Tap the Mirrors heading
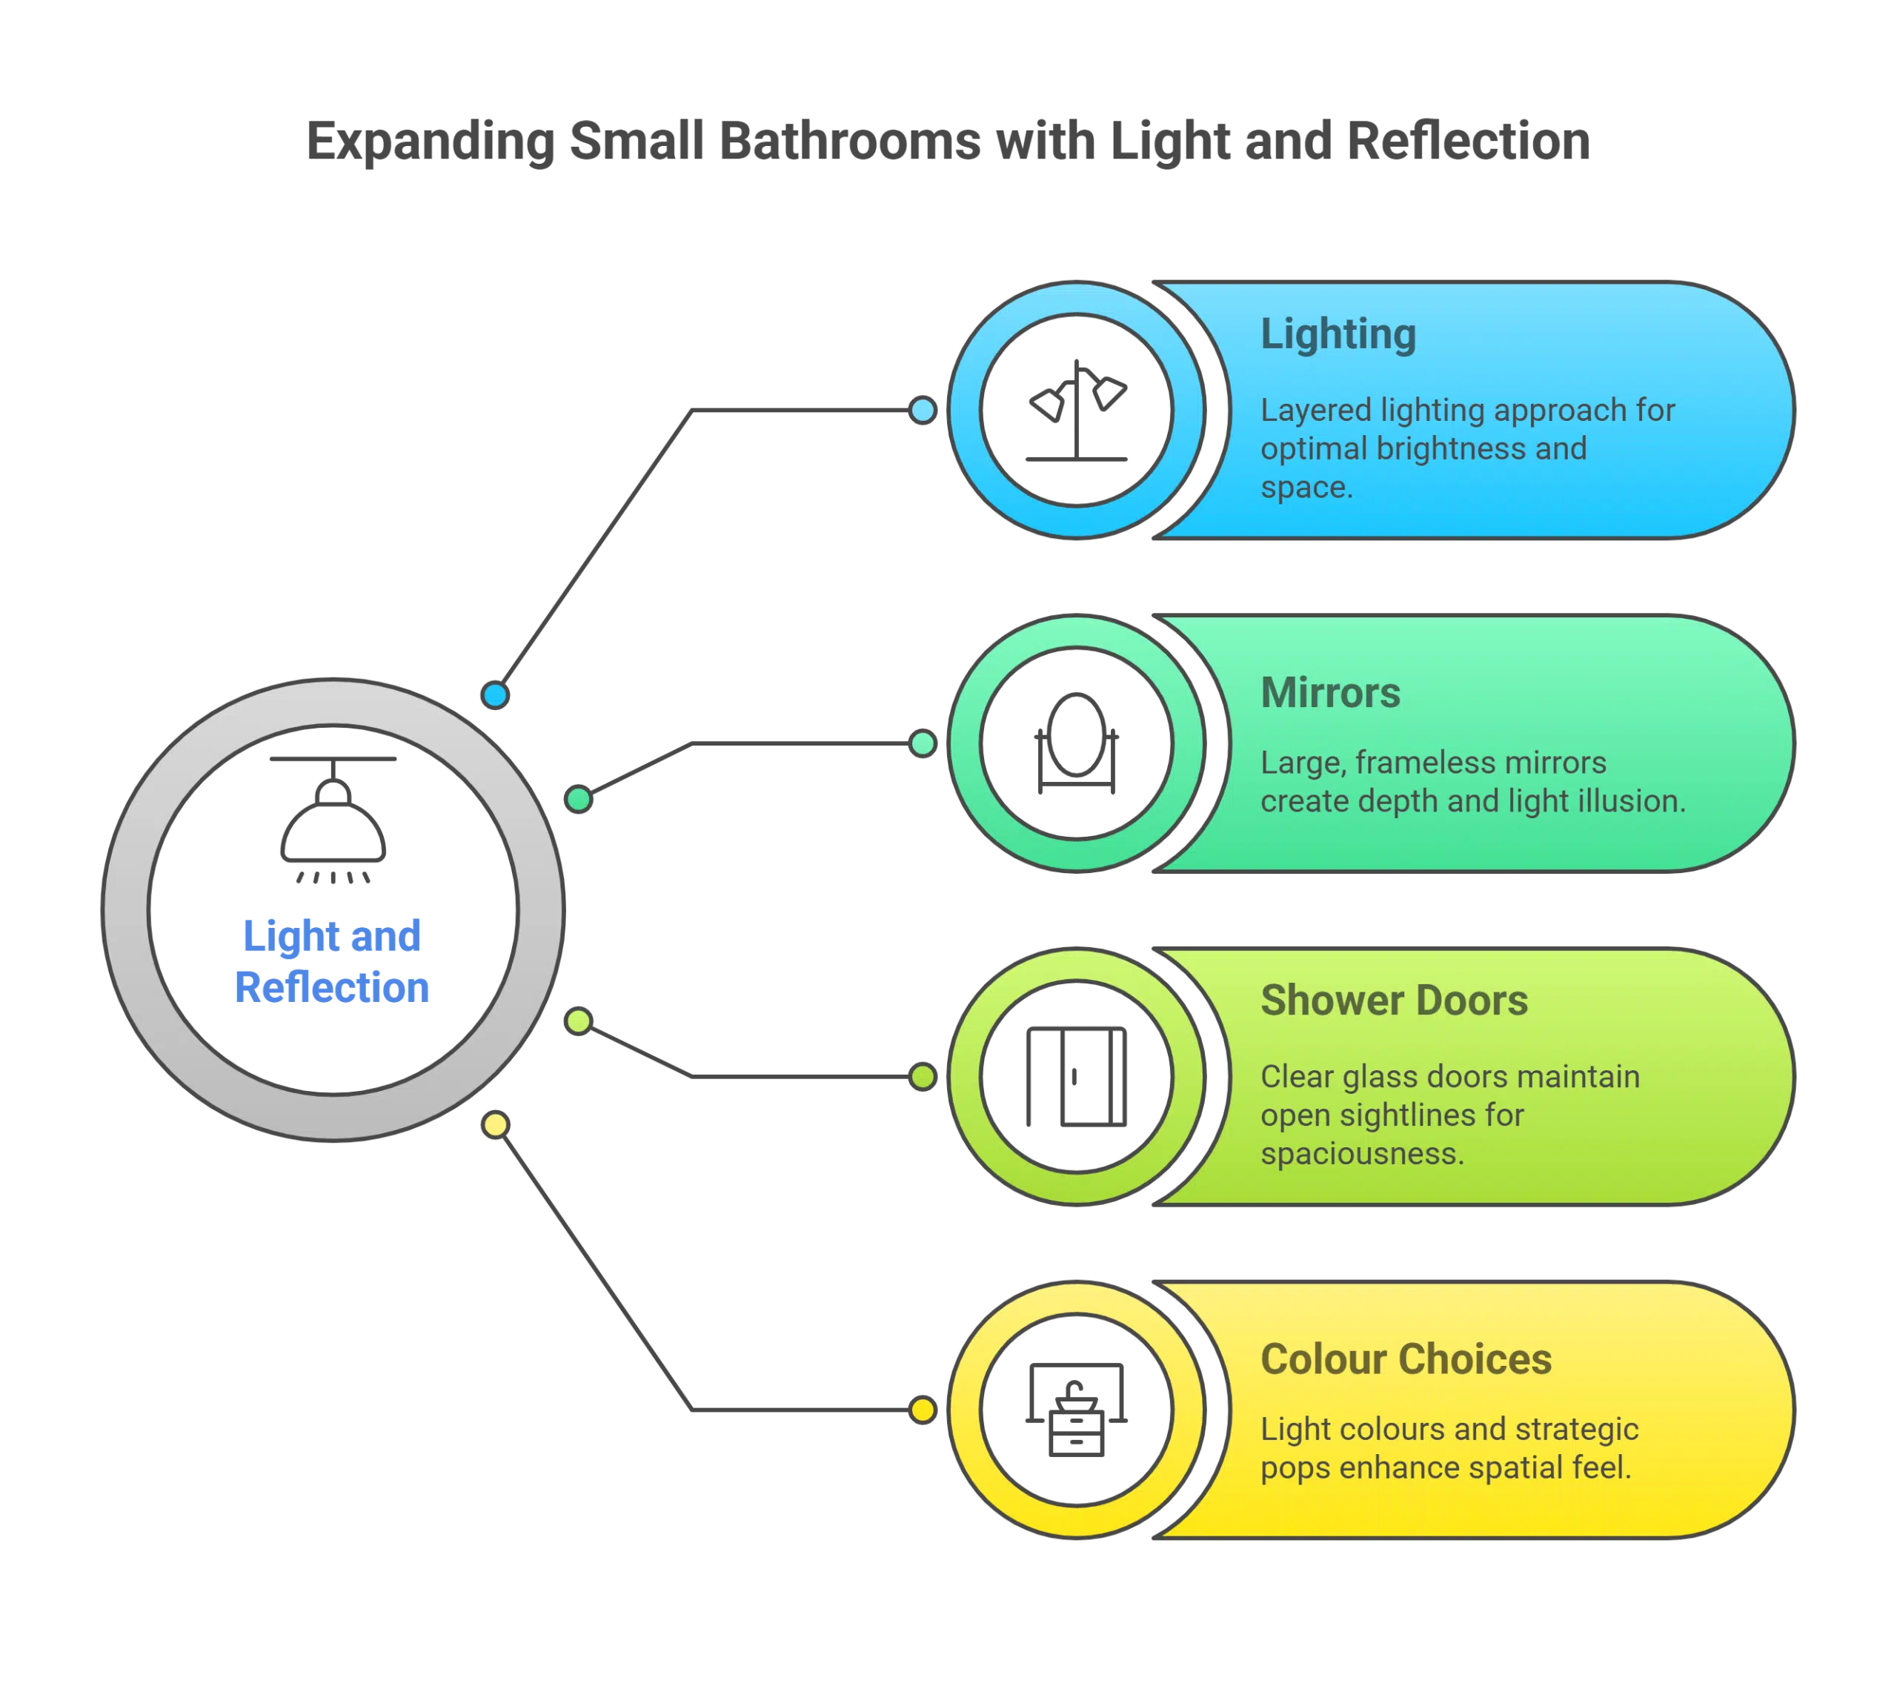[x=1330, y=693]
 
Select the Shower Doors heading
[x=1393, y=1001]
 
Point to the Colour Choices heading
[x=1405, y=1359]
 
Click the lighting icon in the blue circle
[x=1076, y=411]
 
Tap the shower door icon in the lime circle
[x=1076, y=1078]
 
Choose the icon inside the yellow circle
[x=1076, y=1410]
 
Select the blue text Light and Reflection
[x=332, y=961]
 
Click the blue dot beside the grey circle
[x=496, y=694]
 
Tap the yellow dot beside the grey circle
[x=496, y=1125]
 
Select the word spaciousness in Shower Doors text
[x=1362, y=1154]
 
